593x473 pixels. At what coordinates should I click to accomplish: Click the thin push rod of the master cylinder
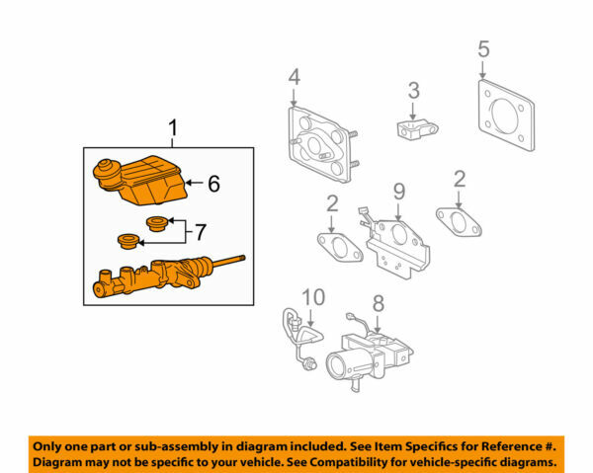click(229, 262)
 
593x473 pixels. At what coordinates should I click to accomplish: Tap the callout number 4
click(294, 77)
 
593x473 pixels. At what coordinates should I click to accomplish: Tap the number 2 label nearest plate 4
click(332, 205)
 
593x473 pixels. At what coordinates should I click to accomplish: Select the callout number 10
click(312, 297)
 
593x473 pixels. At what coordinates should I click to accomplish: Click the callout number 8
click(378, 302)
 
